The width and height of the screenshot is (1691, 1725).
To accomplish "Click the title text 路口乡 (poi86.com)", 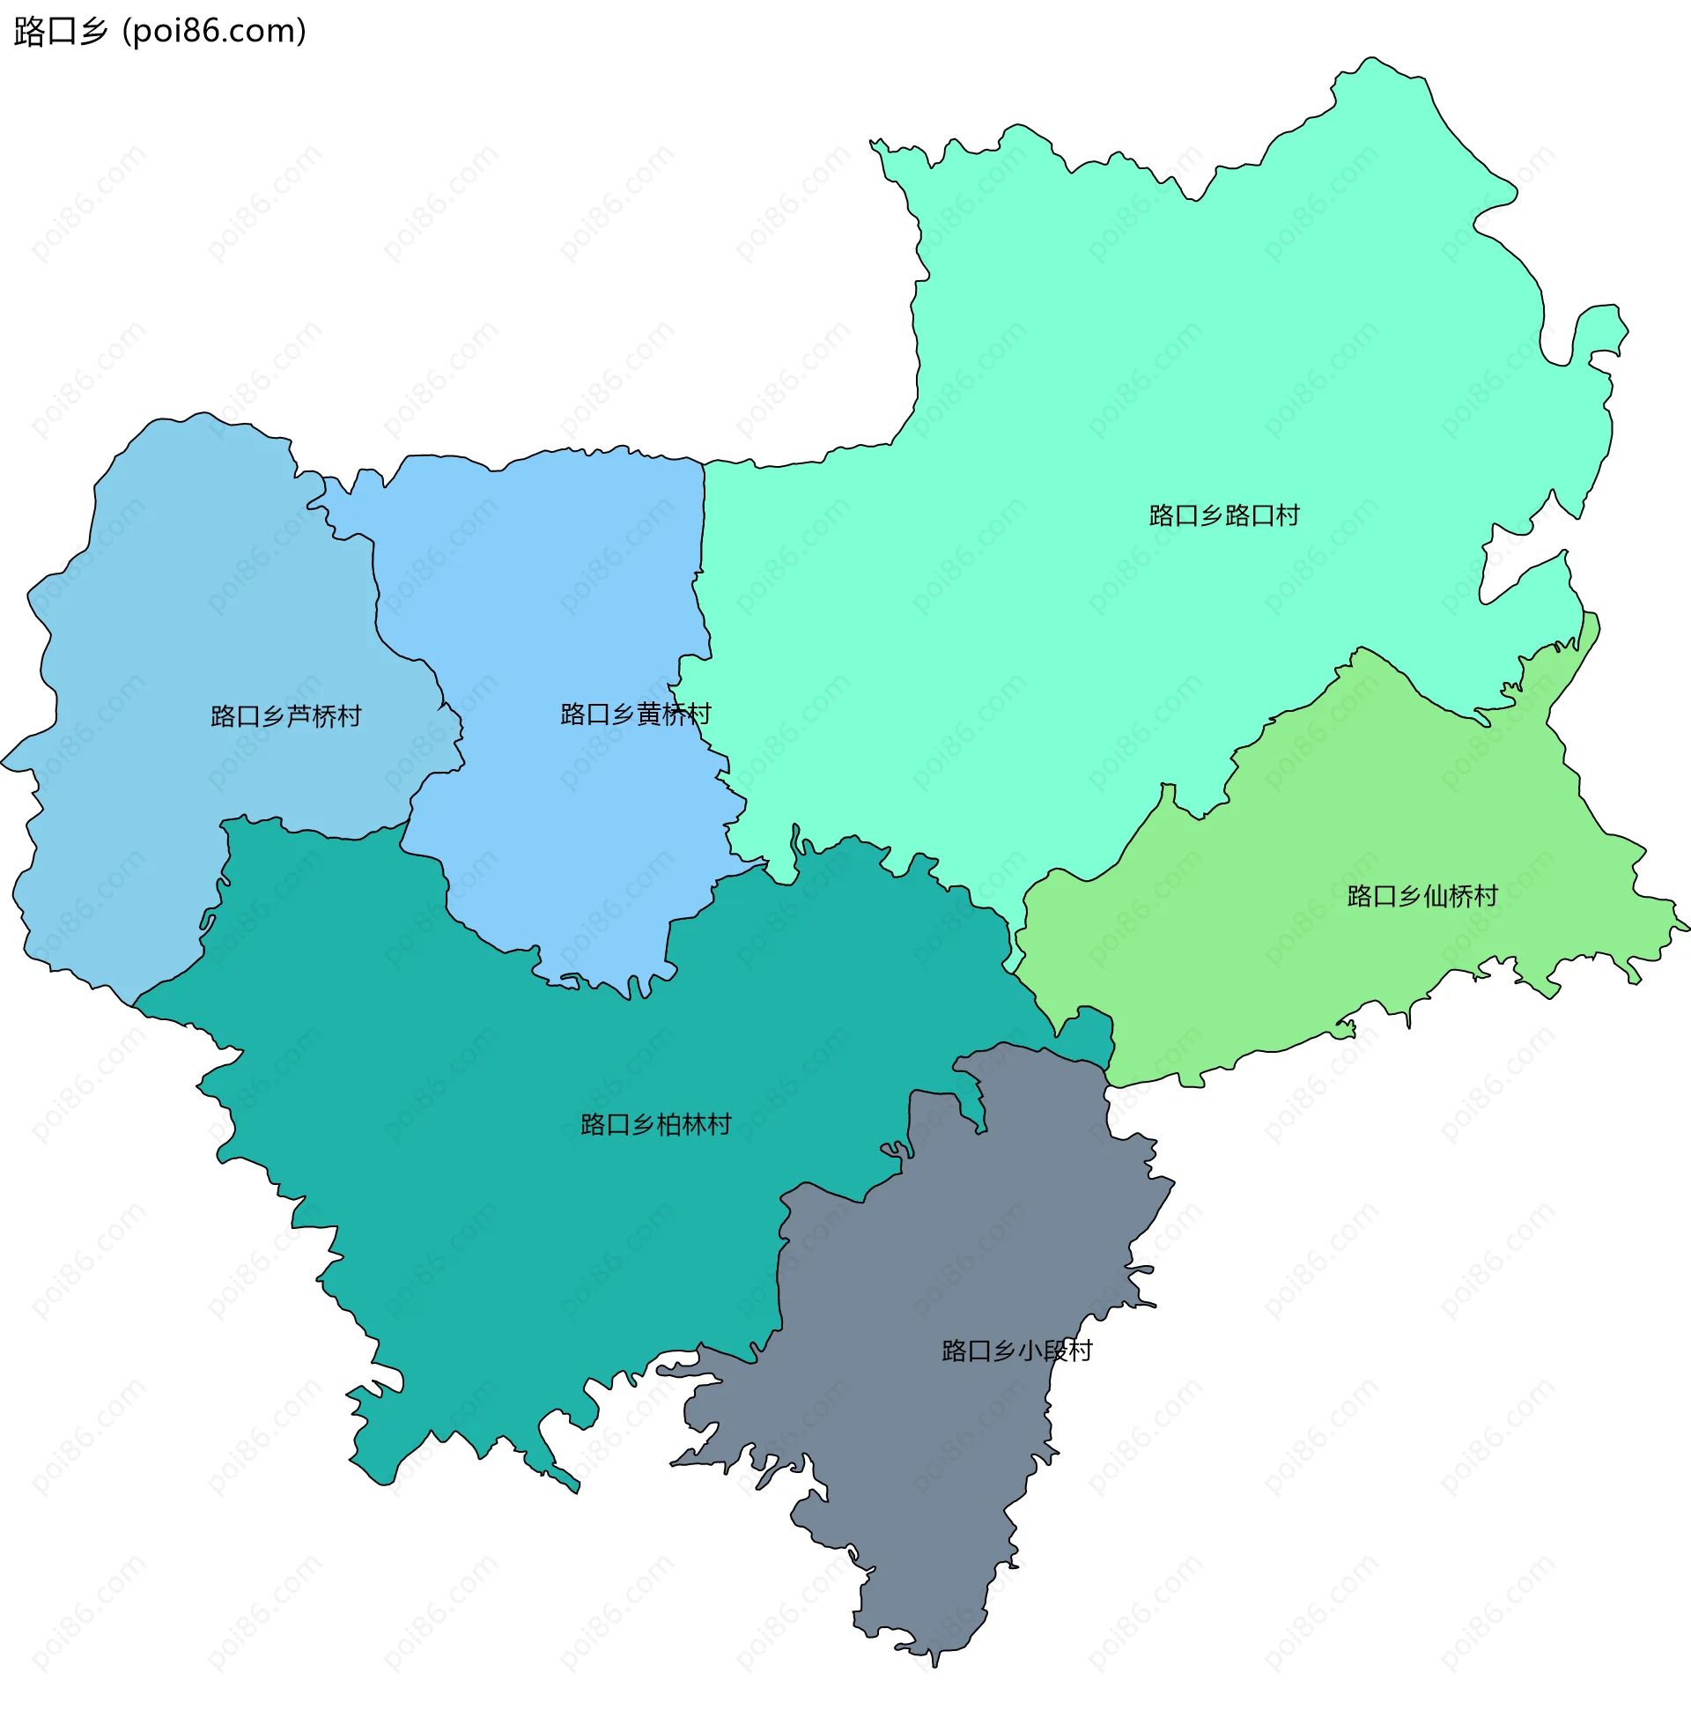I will [160, 31].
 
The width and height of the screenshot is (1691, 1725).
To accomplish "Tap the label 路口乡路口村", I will [1224, 515].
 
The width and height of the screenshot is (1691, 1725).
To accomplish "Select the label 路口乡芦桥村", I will [286, 716].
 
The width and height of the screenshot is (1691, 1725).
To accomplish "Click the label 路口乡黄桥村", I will [635, 714].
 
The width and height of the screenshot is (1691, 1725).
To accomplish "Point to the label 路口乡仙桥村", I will [1421, 895].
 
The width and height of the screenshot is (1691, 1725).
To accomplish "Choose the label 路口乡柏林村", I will [655, 1124].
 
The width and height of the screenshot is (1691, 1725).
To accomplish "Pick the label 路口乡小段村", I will [1016, 1351].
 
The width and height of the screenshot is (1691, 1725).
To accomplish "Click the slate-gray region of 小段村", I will [933, 1466].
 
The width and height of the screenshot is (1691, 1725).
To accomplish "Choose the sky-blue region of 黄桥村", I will [550, 577].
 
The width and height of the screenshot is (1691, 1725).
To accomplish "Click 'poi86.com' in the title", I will [214, 31].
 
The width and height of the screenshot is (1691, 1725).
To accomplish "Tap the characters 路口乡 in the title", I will [61, 31].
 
